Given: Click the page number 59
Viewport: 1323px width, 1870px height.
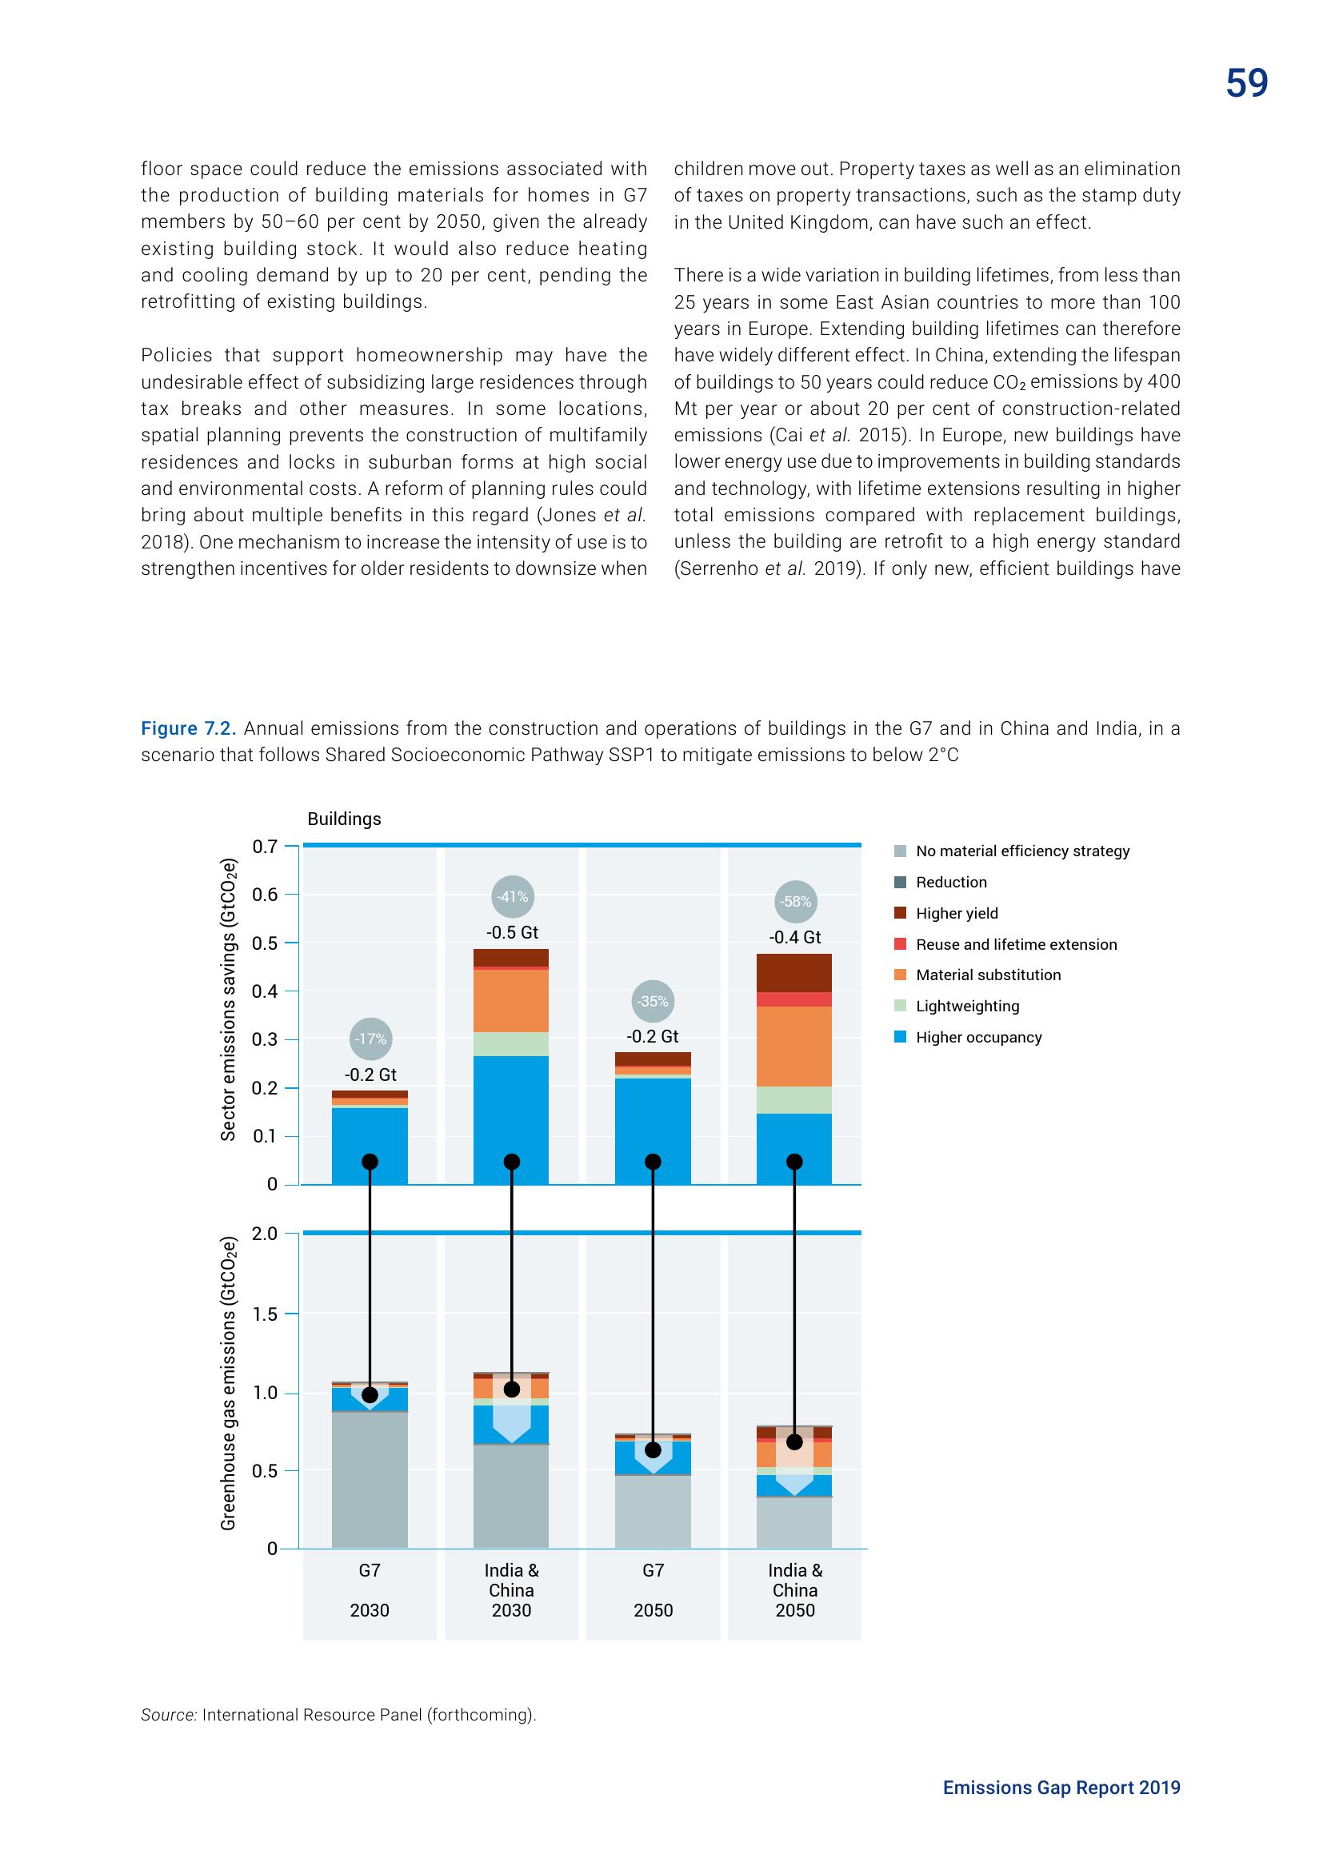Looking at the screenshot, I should [1246, 83].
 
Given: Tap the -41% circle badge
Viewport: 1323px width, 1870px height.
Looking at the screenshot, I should [513, 897].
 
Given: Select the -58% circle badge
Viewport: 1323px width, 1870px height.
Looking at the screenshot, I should [795, 902].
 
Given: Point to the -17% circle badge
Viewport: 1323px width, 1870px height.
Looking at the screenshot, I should [370, 1039].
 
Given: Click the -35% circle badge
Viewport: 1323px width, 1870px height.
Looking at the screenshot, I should [654, 1001].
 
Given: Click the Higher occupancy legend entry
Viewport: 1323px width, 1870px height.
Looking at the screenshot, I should [977, 1037].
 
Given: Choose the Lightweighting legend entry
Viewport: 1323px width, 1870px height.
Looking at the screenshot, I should [966, 1006].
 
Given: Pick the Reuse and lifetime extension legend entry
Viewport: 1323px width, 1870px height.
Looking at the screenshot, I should [1015, 944].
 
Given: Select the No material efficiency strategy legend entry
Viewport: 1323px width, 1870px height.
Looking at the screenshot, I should [1021, 851].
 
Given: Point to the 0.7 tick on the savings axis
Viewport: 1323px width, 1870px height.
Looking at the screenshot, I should [265, 846].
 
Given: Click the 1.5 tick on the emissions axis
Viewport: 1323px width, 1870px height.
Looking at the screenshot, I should [265, 1314].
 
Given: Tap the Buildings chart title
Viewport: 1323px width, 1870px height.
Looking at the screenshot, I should [344, 819].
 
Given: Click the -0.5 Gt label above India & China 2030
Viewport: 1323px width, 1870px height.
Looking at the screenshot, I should [513, 932].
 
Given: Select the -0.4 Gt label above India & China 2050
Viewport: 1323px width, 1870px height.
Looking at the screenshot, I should [795, 938].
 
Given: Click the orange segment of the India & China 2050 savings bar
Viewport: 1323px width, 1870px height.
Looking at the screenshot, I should [794, 1046].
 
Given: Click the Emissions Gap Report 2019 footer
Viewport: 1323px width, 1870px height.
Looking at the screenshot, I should [1061, 1787].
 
